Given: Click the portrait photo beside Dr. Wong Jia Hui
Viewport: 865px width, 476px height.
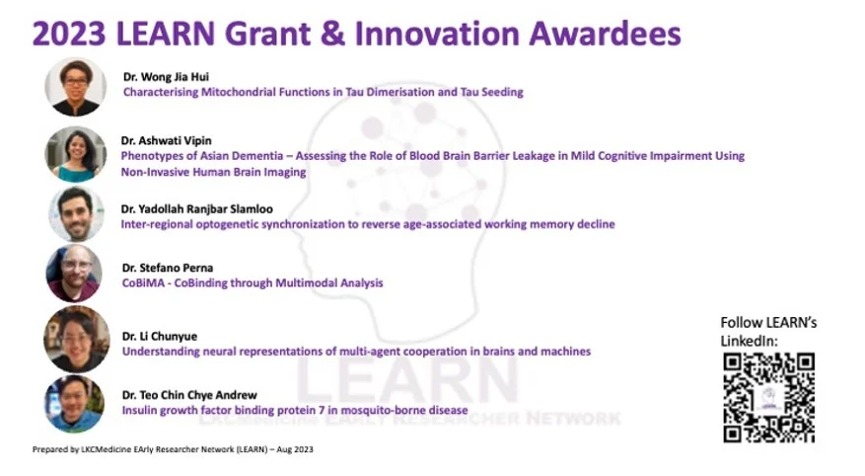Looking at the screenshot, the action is (76, 87).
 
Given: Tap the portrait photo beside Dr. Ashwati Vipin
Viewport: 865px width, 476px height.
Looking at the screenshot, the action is (76, 155).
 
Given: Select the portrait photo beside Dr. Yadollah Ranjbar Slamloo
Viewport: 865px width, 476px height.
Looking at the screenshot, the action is (76, 213).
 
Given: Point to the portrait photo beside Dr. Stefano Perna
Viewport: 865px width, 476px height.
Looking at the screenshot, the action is (74, 274).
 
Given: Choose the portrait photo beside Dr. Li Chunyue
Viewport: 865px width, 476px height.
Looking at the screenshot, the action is (76, 339).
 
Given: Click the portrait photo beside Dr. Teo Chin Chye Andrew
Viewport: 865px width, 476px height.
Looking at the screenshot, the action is (74, 404).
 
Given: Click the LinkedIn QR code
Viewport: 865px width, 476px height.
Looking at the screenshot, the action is (768, 398).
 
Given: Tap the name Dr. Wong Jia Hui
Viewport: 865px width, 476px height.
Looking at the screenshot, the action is (166, 77).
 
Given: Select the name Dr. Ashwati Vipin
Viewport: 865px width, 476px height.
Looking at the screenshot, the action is (167, 140).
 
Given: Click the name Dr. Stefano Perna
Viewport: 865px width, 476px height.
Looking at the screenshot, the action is (168, 268).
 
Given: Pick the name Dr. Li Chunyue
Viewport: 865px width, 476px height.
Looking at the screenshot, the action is (160, 337).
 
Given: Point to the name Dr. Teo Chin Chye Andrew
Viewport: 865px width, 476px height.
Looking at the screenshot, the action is (189, 395).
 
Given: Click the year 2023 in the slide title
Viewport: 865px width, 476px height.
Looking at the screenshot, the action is (69, 34).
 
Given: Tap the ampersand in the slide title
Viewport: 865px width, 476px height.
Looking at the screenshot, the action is (332, 34).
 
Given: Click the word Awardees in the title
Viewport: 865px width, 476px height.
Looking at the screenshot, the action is (606, 34).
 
